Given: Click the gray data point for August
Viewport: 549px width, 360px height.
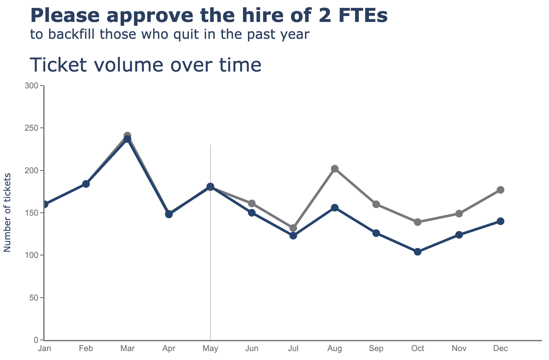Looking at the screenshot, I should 335,169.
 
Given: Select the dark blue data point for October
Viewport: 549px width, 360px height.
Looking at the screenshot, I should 418,252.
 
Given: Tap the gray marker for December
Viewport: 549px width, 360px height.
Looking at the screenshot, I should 500,190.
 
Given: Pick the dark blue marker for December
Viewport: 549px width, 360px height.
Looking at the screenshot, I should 500,221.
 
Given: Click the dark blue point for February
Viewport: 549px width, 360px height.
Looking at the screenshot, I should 86,184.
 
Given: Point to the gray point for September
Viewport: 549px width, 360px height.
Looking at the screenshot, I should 376,204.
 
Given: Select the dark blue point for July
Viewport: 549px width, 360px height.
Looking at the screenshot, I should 293,236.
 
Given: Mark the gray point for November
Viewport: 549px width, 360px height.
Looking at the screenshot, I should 459,213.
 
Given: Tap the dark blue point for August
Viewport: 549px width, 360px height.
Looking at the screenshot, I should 335,208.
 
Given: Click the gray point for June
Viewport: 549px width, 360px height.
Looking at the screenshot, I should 252,203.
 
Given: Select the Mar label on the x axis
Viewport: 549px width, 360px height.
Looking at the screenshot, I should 127,349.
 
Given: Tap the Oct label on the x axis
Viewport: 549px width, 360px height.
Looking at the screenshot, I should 418,349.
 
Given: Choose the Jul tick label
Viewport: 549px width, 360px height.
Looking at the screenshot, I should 293,349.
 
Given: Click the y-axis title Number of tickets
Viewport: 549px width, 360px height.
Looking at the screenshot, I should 7,212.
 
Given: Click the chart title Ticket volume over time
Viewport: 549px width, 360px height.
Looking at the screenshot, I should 145,65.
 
